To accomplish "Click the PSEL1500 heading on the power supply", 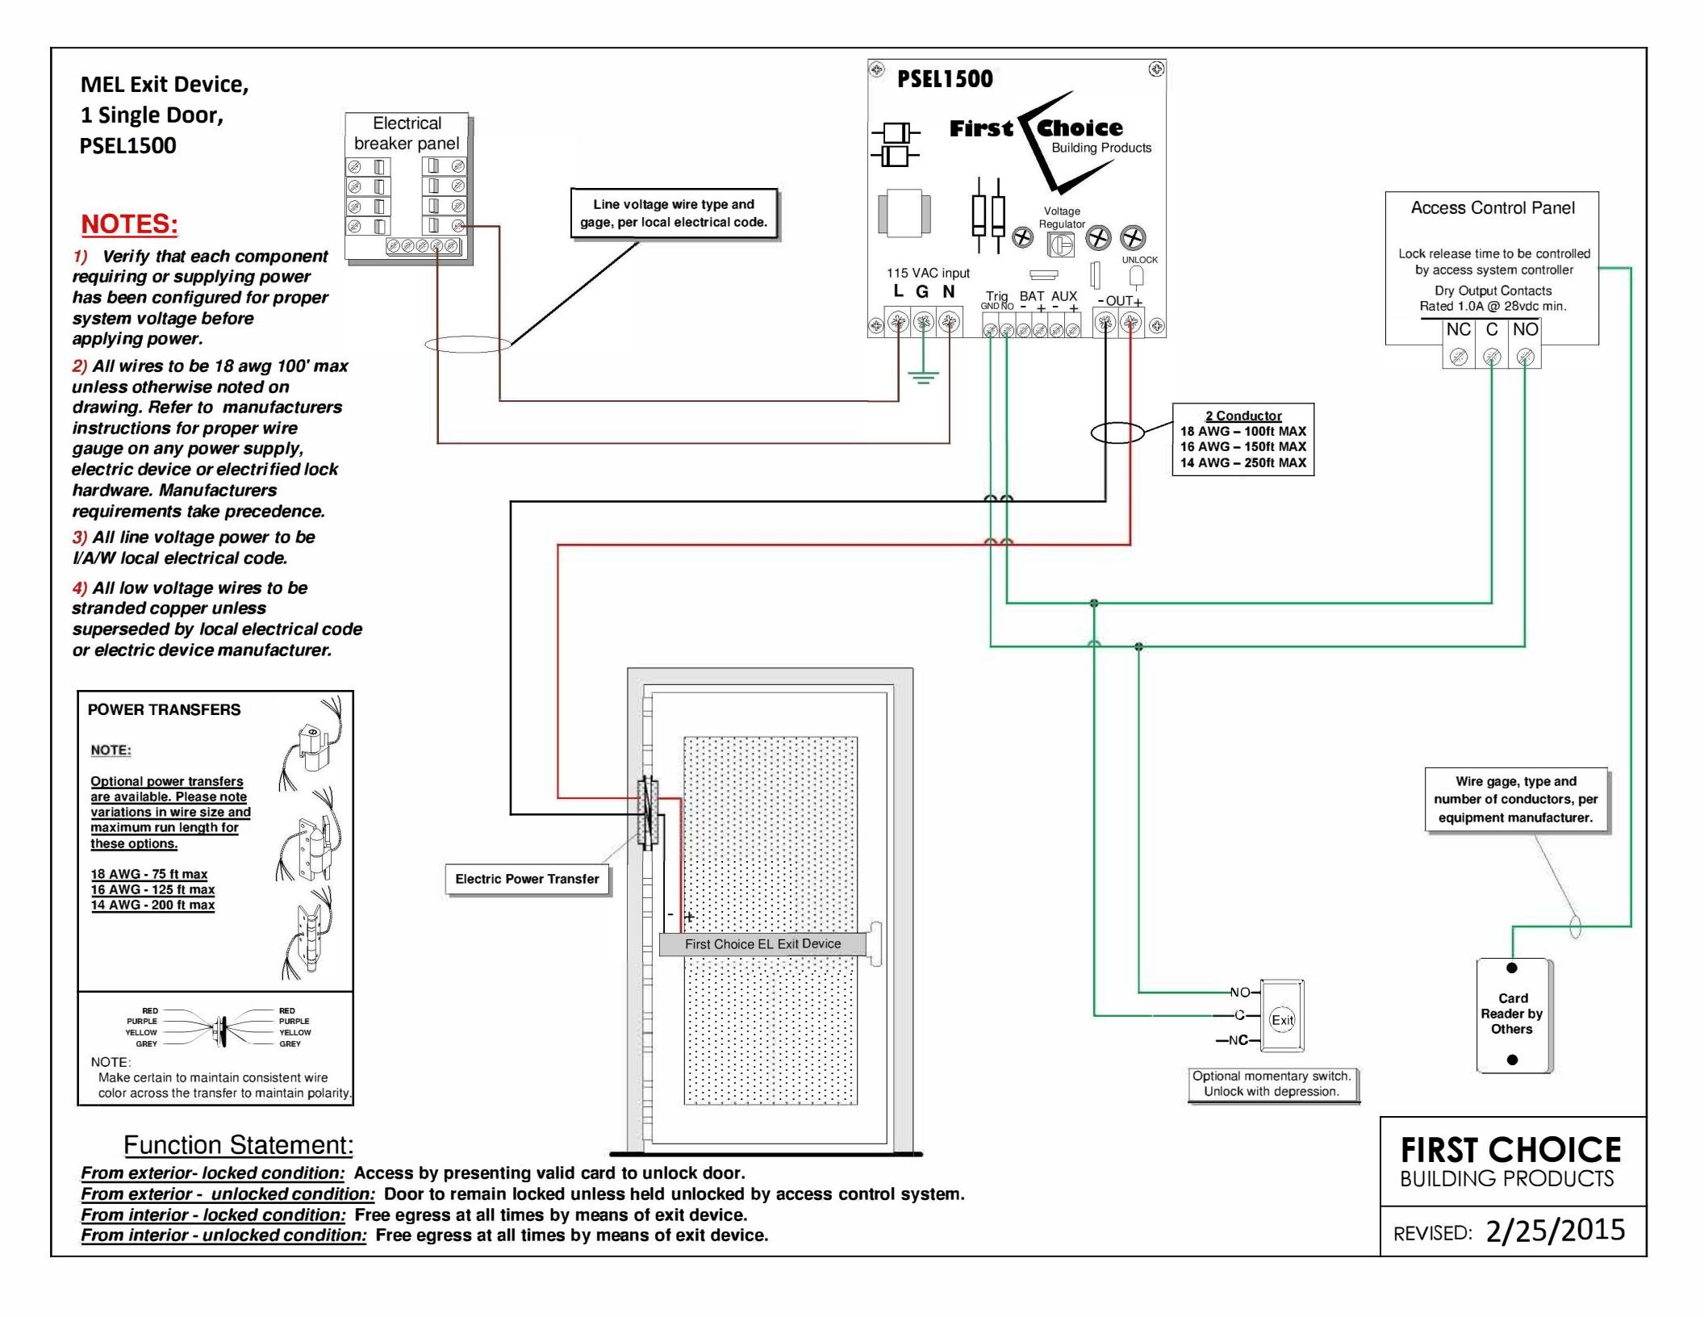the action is click(x=945, y=79).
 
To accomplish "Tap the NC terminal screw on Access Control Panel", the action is click(x=1459, y=356).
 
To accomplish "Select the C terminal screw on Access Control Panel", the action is click(x=1492, y=356).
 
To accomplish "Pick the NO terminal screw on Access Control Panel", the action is click(x=1525, y=356).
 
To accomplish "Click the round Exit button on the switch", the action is click(x=1282, y=1019).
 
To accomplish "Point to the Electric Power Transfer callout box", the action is click(x=528, y=880).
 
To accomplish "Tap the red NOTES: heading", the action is click(x=129, y=224).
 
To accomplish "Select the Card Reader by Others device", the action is click(x=1513, y=1014).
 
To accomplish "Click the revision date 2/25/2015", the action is click(x=1555, y=1231).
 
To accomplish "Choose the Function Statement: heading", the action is click(x=238, y=1144).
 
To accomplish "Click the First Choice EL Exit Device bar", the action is click(x=762, y=944).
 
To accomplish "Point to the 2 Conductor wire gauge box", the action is click(x=1242, y=439).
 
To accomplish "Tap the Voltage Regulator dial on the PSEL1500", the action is click(x=1060, y=245).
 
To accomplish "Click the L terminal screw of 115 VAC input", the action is click(x=898, y=324).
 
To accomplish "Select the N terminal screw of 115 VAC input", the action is click(x=950, y=324).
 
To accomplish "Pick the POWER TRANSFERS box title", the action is click(x=164, y=710).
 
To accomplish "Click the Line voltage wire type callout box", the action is click(x=674, y=213).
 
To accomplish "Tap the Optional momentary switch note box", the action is click(x=1272, y=1084).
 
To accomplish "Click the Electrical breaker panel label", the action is click(x=407, y=133).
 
